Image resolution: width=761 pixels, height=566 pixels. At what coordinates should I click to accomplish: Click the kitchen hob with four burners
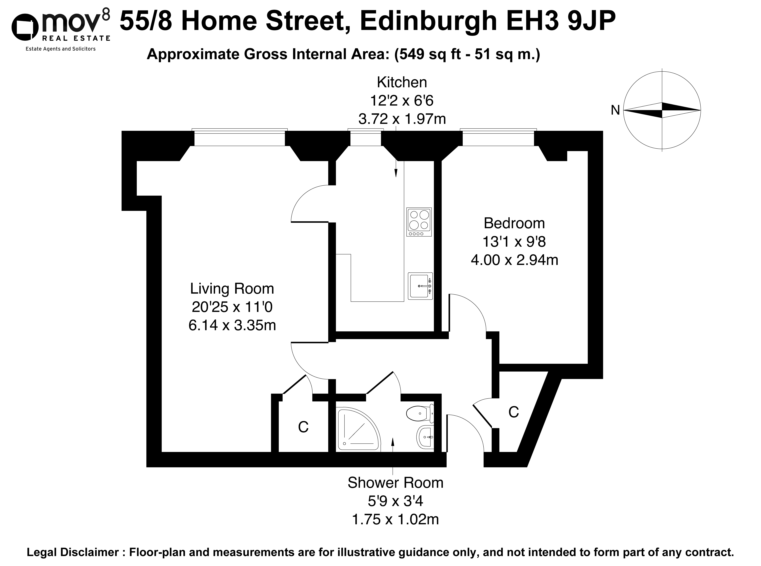pyautogui.click(x=419, y=222)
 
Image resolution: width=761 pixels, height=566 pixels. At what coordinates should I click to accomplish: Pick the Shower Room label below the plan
pyautogui.click(x=395, y=483)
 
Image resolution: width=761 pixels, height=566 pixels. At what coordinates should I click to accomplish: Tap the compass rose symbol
pyautogui.click(x=662, y=110)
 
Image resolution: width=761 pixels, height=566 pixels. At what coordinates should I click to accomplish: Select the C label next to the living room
pyautogui.click(x=303, y=427)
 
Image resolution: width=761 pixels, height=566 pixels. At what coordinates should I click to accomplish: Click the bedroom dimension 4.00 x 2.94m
pyautogui.click(x=515, y=260)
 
